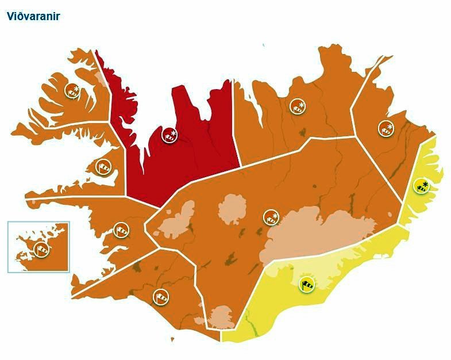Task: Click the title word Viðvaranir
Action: point(33,16)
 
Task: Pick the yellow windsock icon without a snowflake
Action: point(308,284)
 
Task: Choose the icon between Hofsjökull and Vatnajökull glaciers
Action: point(271,217)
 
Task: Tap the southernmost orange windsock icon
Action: point(161,297)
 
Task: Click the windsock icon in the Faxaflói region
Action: point(121,230)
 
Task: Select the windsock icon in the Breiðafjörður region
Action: point(103,167)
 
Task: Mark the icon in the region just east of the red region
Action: point(297,106)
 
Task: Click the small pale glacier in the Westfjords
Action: point(102,78)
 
